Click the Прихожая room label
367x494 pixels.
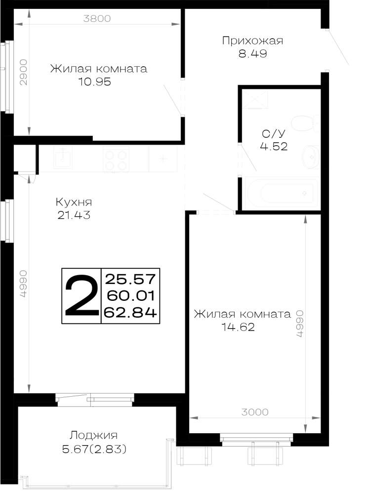coord(252,41)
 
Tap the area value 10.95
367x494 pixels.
coord(94,82)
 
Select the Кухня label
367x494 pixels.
coord(74,202)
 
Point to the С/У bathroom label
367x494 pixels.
coord(273,133)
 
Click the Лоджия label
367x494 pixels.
coord(93,436)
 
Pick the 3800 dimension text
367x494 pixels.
coord(97,19)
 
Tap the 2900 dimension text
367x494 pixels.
coord(24,72)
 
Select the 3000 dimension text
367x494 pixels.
coord(254,412)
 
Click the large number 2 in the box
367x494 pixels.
coord(82,295)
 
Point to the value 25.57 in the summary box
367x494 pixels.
coord(130,279)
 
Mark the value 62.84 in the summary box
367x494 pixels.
coord(130,312)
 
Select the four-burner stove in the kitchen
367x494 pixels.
coord(116,159)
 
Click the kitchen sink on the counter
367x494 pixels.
coord(63,158)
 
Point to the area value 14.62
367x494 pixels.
coord(238,327)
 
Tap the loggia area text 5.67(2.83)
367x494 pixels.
coord(94,449)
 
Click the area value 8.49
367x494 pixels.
coord(252,53)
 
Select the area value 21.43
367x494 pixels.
coord(74,215)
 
